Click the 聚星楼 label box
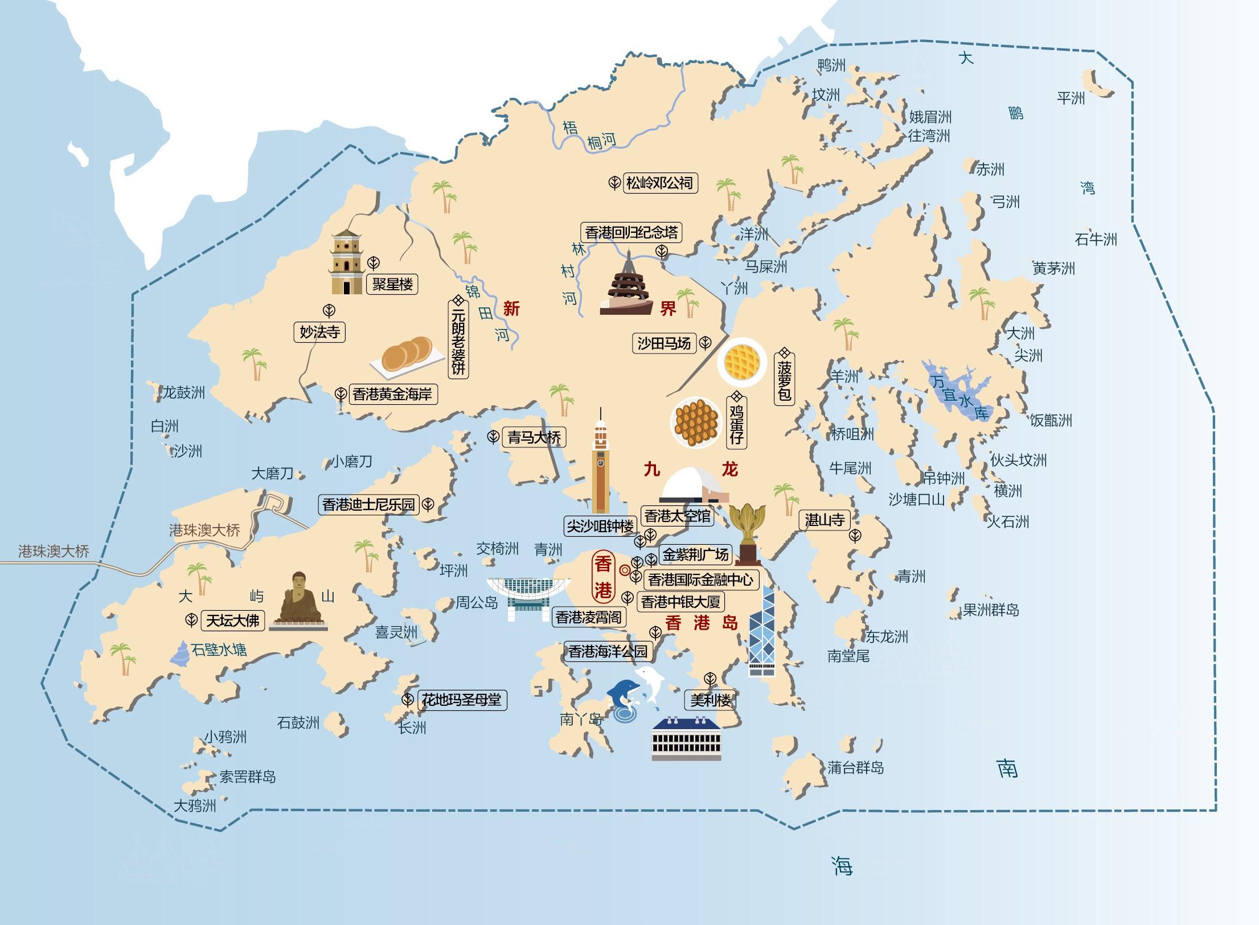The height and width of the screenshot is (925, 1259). (x=392, y=284)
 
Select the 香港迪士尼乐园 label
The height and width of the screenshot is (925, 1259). (x=369, y=504)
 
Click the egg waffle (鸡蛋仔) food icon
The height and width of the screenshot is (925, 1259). (x=696, y=422)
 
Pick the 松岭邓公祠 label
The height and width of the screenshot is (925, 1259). (x=659, y=183)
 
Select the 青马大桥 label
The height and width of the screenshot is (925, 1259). (x=534, y=437)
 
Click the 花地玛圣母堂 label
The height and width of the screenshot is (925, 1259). (x=461, y=700)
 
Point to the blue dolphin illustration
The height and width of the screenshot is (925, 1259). (x=623, y=693)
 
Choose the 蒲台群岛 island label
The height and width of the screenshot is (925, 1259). (x=855, y=768)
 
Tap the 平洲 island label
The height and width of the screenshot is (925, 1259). (x=1071, y=98)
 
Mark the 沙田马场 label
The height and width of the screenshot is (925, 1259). (x=663, y=343)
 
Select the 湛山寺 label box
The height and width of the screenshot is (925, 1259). (x=824, y=520)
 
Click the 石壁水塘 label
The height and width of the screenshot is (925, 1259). (x=219, y=650)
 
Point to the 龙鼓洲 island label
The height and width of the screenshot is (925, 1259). (x=183, y=392)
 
